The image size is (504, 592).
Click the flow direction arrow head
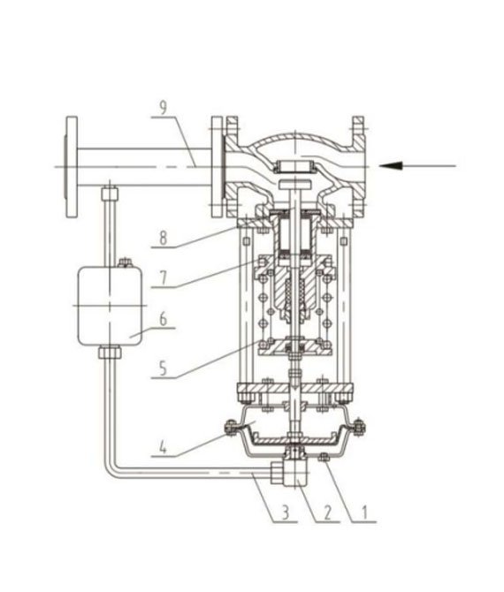(x=383, y=164)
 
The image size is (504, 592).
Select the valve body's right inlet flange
(x=358, y=165)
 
